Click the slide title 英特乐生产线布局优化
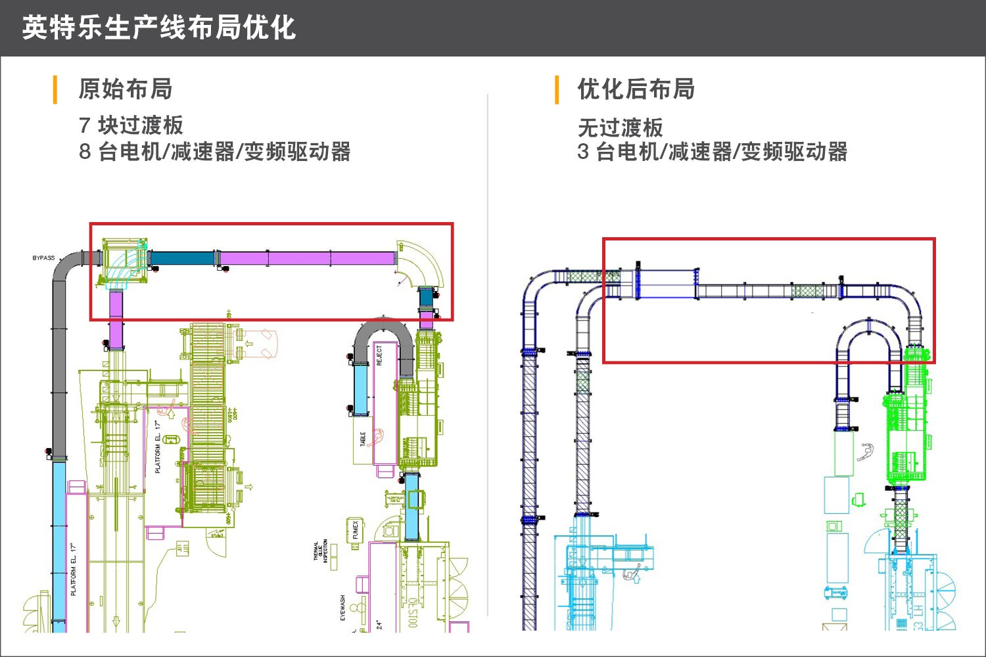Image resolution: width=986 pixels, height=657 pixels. [159, 28]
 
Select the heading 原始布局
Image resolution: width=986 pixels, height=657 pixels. [125, 89]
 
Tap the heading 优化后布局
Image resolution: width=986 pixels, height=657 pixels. [636, 89]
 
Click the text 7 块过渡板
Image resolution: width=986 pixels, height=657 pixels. [131, 125]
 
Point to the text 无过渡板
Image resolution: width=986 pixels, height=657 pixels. [620, 127]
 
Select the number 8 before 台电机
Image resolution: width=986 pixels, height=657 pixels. [85, 152]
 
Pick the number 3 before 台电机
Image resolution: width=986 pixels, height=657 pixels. [583, 152]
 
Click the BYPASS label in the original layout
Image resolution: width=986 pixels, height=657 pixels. [43, 258]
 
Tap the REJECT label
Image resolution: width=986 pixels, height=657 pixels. [379, 355]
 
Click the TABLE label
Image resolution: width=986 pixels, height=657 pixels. [363, 439]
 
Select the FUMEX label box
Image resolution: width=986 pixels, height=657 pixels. [355, 530]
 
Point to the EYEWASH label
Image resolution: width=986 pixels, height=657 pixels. [342, 608]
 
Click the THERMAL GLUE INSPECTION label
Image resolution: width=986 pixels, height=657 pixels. [321, 551]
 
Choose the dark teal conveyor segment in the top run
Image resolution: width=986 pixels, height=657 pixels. [182, 258]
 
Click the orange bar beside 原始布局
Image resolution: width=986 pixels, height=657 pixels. [55, 89]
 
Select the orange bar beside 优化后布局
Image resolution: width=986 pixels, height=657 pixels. [557, 89]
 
